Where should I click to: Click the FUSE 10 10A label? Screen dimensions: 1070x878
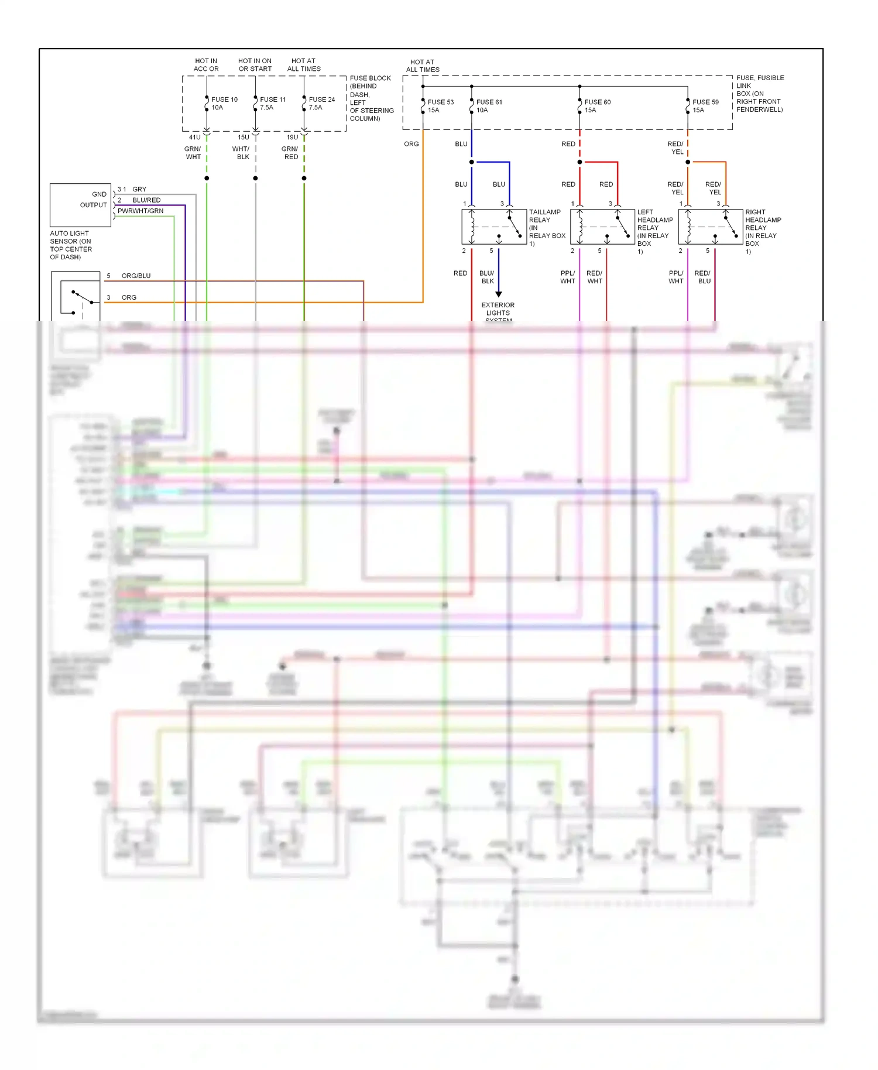point(224,104)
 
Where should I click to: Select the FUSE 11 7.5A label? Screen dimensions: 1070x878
point(272,104)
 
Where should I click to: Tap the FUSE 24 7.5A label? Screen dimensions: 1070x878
point(321,104)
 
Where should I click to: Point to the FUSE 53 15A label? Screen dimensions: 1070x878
point(440,106)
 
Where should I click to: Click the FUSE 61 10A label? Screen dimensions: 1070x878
point(489,106)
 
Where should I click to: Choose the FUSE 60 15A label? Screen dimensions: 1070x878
point(597,106)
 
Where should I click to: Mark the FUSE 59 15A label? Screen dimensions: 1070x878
point(705,106)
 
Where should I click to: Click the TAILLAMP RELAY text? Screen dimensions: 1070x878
point(545,216)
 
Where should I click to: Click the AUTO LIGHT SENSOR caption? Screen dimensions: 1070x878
point(70,245)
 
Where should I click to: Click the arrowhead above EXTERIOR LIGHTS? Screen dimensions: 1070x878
point(499,294)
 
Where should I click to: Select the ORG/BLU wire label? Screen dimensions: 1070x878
point(136,276)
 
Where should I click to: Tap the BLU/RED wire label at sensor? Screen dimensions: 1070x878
point(146,200)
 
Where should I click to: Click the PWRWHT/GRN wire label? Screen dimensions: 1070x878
point(140,211)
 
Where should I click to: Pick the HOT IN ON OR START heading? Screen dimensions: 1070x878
point(255,65)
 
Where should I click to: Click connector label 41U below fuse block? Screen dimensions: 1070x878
point(194,138)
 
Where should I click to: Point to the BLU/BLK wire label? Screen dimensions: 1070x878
point(487,277)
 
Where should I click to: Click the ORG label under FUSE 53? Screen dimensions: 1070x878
point(411,144)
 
